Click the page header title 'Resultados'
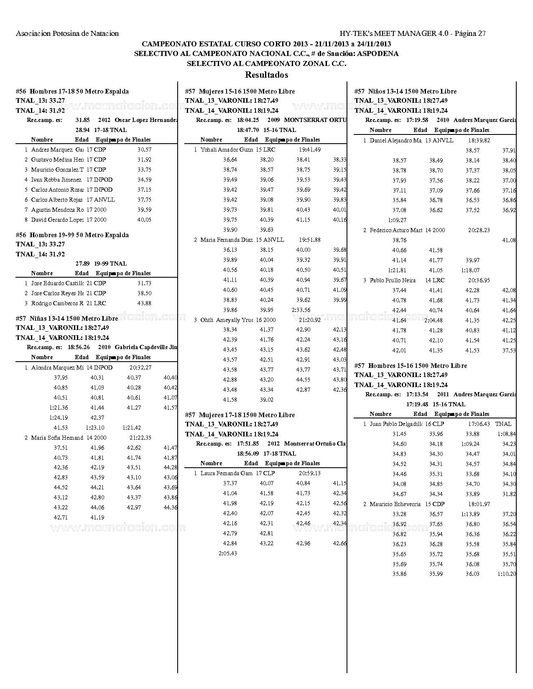(266, 75)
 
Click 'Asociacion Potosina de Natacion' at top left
(67, 33)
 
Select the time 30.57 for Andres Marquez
(144, 149)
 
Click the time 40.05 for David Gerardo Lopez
(144, 220)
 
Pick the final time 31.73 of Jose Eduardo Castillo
(144, 283)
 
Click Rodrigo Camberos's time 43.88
(144, 303)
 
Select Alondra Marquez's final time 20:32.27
(140, 367)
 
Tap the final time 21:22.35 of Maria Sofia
(140, 438)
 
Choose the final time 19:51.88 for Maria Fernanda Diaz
(310, 240)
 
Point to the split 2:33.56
(301, 310)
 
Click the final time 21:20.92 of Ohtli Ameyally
(310, 320)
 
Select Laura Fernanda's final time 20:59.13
(310, 473)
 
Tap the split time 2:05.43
(228, 553)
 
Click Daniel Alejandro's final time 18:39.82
(479, 140)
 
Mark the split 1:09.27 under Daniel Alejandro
(397, 220)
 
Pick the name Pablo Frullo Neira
(393, 280)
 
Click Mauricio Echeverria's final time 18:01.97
(479, 504)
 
